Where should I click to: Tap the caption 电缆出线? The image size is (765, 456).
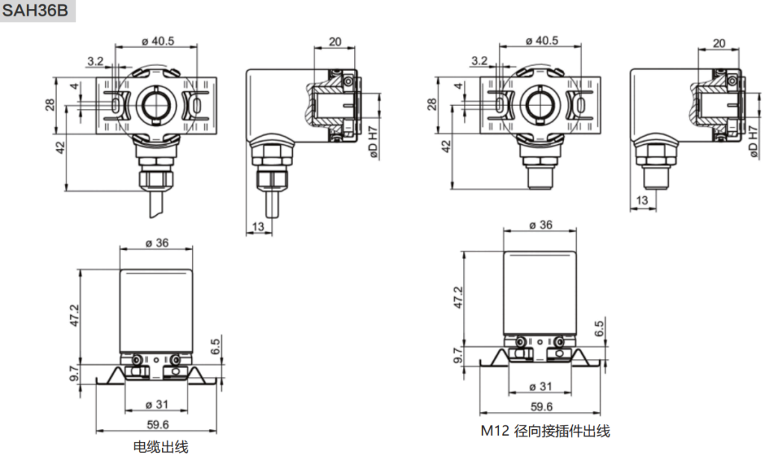point(161,447)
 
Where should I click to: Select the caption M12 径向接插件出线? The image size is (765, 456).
point(545,431)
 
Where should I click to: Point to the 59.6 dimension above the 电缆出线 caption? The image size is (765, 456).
point(157,425)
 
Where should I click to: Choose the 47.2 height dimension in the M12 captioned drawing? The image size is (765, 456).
point(458,298)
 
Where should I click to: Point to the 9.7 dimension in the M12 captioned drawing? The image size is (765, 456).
point(458,355)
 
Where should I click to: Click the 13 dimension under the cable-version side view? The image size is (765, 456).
point(258,226)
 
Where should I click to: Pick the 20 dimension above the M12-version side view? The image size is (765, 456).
point(719,43)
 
